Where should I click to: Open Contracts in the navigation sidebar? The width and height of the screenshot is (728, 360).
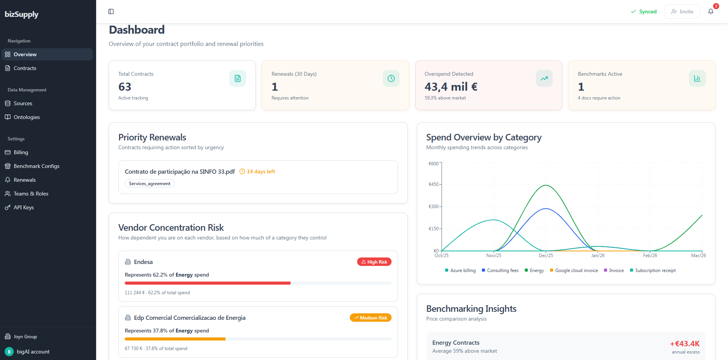pyautogui.click(x=25, y=68)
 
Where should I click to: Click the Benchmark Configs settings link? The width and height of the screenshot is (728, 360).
pyautogui.click(x=36, y=166)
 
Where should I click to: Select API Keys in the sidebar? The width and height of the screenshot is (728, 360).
pyautogui.click(x=24, y=207)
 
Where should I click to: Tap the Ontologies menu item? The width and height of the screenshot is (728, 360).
pyautogui.click(x=26, y=117)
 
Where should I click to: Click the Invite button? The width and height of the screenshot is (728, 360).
pyautogui.click(x=682, y=11)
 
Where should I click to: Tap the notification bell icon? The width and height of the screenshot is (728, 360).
pyautogui.click(x=711, y=11)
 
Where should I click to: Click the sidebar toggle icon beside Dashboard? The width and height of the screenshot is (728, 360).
pyautogui.click(x=111, y=11)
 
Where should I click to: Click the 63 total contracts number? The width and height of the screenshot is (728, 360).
pyautogui.click(x=125, y=87)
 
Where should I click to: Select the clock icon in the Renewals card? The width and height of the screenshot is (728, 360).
pyautogui.click(x=391, y=78)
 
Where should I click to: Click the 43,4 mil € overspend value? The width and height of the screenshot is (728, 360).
pyautogui.click(x=451, y=87)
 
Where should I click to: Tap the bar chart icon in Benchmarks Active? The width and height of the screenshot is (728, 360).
pyautogui.click(x=697, y=78)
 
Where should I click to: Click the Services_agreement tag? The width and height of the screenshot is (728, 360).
pyautogui.click(x=150, y=184)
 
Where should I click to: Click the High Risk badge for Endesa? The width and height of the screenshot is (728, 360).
pyautogui.click(x=374, y=262)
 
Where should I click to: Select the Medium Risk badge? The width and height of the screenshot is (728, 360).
pyautogui.click(x=371, y=318)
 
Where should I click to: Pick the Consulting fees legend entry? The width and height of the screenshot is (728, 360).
pyautogui.click(x=500, y=270)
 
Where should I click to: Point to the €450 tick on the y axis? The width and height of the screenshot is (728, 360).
pyautogui.click(x=434, y=184)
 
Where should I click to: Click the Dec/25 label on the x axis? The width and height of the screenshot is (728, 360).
pyautogui.click(x=546, y=256)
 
